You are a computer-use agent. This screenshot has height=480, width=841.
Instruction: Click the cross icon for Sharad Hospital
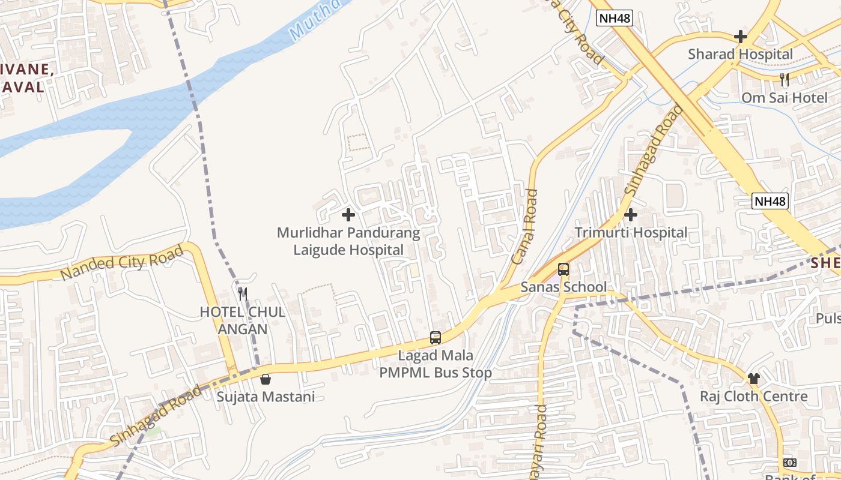point(741,37)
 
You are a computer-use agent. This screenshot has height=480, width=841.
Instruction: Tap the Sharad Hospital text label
point(741,54)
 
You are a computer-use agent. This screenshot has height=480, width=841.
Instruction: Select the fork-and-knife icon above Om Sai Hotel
point(784,79)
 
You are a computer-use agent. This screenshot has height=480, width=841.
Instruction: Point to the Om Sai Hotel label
point(784,97)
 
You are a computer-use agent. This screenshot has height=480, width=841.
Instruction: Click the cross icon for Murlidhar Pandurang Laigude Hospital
point(348,215)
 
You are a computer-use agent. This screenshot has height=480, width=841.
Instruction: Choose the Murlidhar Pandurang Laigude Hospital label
point(348,241)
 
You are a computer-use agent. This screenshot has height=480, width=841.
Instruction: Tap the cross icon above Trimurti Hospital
point(631,215)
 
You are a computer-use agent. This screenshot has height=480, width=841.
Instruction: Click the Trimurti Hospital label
point(631,232)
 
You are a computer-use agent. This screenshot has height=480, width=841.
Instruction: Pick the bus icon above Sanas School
point(563,269)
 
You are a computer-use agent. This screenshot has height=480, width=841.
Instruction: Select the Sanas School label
point(563,287)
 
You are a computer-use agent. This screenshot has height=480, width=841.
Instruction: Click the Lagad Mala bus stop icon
point(436,338)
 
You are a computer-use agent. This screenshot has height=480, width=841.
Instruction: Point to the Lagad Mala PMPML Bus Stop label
point(436,364)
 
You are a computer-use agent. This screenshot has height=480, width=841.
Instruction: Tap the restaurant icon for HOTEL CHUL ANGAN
point(243,294)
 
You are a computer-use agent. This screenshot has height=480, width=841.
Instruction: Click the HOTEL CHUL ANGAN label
point(243,320)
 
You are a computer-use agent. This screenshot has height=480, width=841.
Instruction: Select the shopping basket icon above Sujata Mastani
point(266,379)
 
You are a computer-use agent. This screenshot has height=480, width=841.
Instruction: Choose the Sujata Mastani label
point(266,397)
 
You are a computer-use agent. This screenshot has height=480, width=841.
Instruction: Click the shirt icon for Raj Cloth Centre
point(754,379)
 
